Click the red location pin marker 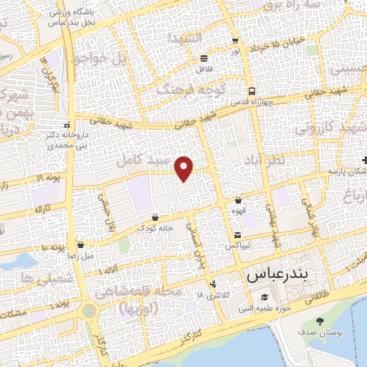click(x=185, y=168)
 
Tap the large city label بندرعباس click(x=286, y=275)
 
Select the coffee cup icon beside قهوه click(x=238, y=201)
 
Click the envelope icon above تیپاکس click(x=238, y=235)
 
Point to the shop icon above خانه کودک click(x=156, y=216)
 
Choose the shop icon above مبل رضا click(x=80, y=244)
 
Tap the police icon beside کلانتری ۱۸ click(x=213, y=283)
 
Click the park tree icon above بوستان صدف click(x=319, y=321)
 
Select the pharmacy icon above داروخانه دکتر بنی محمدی click(x=67, y=125)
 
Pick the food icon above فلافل click(x=204, y=59)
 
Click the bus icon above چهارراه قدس click(x=251, y=91)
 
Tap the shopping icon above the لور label click(x=234, y=41)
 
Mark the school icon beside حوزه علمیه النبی click(x=264, y=297)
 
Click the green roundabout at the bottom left click(x=89, y=312)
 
